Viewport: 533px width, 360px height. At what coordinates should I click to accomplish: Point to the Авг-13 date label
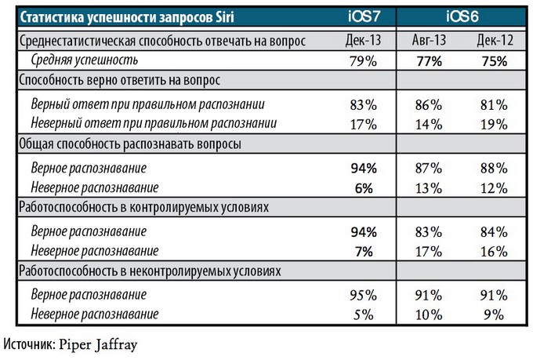pos(430,41)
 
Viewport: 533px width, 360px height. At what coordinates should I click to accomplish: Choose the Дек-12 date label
pos(494,41)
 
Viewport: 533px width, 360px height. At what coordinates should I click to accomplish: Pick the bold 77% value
pos(429,60)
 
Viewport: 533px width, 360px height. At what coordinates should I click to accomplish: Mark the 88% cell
pos(494,168)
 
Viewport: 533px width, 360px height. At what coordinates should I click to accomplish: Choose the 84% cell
pos(494,232)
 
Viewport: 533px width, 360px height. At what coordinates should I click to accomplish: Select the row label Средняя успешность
pos(85,60)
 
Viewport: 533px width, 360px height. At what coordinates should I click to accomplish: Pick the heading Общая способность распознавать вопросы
pos(129,144)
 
